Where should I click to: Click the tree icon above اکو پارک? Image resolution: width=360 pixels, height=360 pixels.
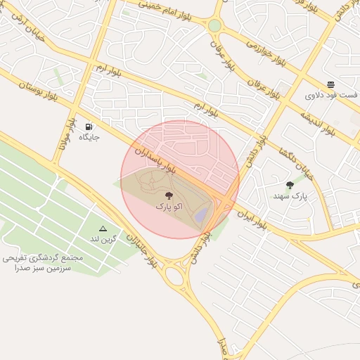(x=169, y=195)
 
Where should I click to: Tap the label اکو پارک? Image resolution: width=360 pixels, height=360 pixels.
(x=169, y=207)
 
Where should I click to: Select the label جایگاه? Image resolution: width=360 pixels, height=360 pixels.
(x=89, y=136)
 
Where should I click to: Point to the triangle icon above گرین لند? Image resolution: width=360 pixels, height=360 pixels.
(x=103, y=229)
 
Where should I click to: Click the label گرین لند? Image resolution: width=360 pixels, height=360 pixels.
(x=103, y=240)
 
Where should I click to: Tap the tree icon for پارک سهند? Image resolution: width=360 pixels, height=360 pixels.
(x=290, y=185)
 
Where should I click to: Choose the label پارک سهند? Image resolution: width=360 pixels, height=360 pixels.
(x=290, y=197)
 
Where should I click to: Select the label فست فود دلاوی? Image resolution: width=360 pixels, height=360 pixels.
(x=328, y=94)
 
